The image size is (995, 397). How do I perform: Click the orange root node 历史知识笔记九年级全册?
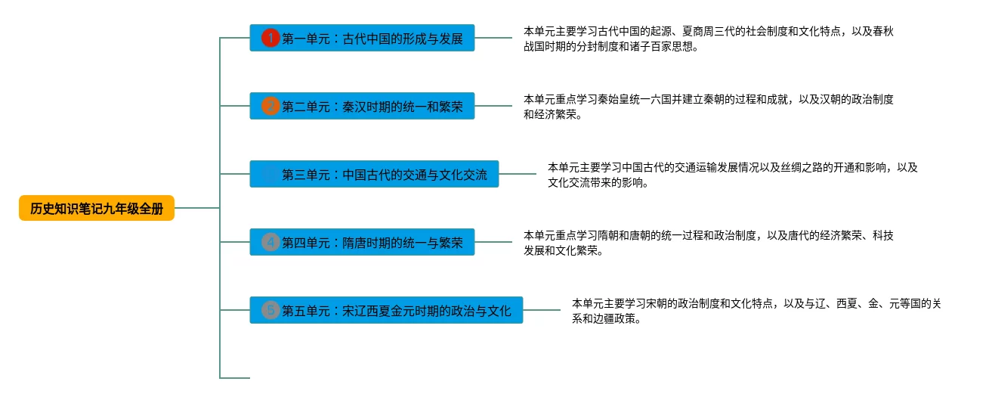coord(97,208)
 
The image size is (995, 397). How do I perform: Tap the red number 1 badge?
coord(270,38)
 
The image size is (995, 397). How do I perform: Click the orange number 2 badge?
coord(270,106)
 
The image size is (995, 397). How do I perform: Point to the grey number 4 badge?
coord(270,243)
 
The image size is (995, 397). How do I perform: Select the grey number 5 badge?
coord(270,310)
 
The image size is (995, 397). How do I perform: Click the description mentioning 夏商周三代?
coord(709,39)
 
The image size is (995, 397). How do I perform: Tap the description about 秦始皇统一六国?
coord(709,107)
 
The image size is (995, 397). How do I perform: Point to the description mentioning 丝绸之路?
coord(733,175)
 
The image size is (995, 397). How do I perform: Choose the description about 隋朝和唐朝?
coord(709,243)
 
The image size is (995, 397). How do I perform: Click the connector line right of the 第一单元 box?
coord(493,38)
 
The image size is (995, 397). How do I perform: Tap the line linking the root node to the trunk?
coord(196,208)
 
